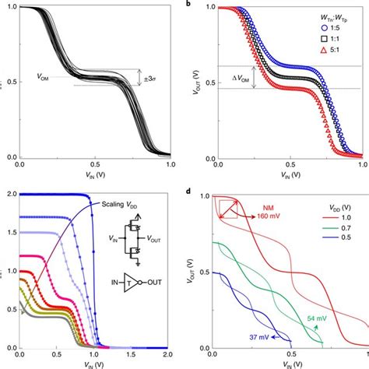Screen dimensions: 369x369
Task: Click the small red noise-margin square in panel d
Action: pyautogui.click(x=227, y=208)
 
